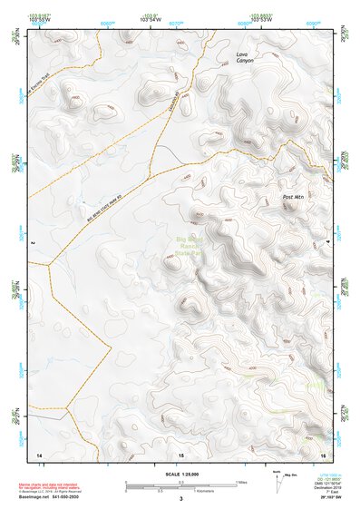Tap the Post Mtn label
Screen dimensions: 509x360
(x=293, y=197)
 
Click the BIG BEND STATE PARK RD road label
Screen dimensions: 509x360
(x=104, y=206)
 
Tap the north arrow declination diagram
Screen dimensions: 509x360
(x=277, y=478)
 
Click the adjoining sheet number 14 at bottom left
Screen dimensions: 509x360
(x=39, y=453)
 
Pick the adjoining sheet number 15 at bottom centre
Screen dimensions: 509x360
(x=181, y=453)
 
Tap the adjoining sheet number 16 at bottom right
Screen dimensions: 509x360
(x=323, y=453)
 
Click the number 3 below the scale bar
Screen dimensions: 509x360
(x=181, y=497)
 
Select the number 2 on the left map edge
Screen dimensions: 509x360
(x=32, y=244)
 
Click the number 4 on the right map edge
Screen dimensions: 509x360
(x=328, y=244)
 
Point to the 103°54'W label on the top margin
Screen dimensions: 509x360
(x=151, y=20)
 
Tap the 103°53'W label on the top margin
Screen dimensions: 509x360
(x=261, y=20)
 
